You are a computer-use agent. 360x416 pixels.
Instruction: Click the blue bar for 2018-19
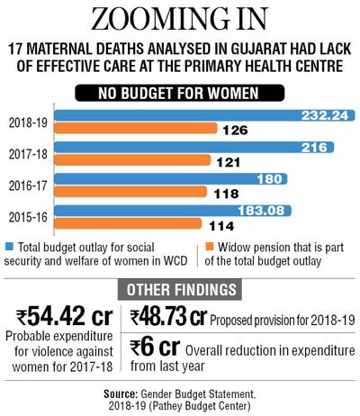[x=204, y=115]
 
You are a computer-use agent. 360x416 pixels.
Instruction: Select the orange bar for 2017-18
[x=132, y=160]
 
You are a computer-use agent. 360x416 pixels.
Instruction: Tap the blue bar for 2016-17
[x=171, y=179]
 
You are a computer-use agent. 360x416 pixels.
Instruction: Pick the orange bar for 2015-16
[x=128, y=223]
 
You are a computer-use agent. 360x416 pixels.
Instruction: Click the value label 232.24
[x=325, y=115]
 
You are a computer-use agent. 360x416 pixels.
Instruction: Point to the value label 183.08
[x=261, y=211]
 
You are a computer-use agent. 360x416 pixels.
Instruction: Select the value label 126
[x=235, y=131]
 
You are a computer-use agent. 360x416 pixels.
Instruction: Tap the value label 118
[x=226, y=194]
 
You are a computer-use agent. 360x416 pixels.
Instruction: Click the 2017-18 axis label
[x=28, y=154]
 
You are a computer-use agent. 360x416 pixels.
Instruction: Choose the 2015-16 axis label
[x=28, y=217]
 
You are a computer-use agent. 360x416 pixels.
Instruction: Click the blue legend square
[x=9, y=247]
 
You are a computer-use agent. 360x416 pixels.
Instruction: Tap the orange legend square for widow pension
[x=210, y=247]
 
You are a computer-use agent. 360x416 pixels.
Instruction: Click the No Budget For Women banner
[x=179, y=93]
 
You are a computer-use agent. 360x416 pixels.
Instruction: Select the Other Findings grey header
[x=180, y=290]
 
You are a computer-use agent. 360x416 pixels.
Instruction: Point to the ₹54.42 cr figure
[x=65, y=317]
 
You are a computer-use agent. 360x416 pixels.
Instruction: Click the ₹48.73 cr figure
[x=168, y=317]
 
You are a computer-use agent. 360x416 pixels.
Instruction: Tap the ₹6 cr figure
[x=155, y=348]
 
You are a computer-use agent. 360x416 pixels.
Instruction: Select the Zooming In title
[x=179, y=19]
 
